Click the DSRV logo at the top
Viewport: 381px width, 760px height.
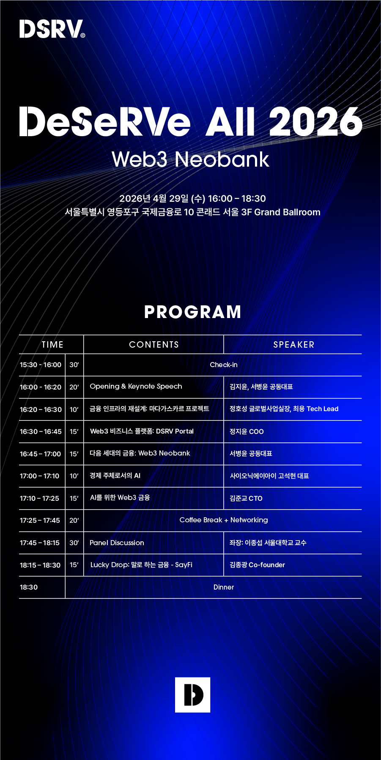(x=52, y=29)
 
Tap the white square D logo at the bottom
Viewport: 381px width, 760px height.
(x=192, y=695)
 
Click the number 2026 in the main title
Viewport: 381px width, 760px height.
(x=315, y=121)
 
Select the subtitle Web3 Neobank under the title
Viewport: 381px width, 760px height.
(x=190, y=159)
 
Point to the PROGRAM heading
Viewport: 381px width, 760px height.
(x=192, y=312)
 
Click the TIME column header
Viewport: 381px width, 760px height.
(x=52, y=345)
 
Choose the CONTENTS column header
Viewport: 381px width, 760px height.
(x=154, y=345)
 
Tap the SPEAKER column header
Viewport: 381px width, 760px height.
(x=294, y=345)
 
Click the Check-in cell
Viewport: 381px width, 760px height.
(x=224, y=365)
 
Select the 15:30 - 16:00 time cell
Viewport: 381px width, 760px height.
(x=41, y=365)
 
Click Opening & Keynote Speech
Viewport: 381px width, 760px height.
(x=136, y=387)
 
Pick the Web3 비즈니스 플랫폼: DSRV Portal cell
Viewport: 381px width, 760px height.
(x=142, y=431)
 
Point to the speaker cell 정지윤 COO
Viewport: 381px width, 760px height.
(x=247, y=431)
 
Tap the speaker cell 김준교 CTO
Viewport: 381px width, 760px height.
(x=246, y=498)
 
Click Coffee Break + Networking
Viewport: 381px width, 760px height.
(x=224, y=520)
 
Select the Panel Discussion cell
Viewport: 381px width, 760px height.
(x=117, y=543)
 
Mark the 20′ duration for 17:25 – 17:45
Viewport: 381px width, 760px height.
(x=74, y=520)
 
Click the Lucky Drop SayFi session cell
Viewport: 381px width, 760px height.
(x=141, y=565)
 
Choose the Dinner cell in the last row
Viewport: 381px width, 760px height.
(x=224, y=587)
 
